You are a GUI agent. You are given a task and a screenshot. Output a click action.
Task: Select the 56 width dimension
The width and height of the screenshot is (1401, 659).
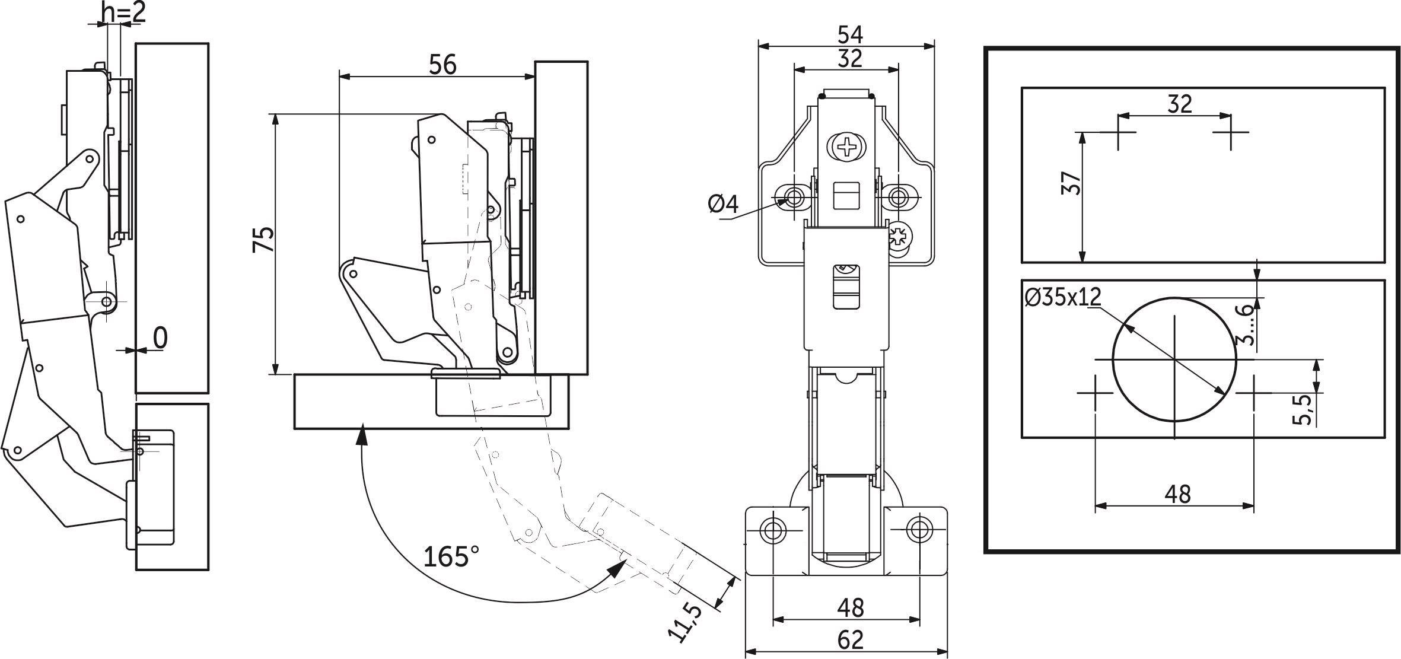(442, 64)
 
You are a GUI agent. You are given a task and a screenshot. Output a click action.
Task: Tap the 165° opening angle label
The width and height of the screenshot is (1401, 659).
(451, 557)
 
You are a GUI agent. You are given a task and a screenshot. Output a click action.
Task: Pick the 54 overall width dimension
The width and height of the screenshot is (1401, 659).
(849, 34)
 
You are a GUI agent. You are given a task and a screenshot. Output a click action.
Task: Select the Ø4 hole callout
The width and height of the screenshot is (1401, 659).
(724, 205)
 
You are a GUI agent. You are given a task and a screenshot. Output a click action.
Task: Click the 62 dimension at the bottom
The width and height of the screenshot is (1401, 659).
(850, 640)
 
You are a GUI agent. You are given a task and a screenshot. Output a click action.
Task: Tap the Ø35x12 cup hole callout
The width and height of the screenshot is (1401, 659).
(1062, 297)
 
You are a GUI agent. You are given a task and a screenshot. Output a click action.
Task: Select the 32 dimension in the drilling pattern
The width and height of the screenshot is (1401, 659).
(1179, 104)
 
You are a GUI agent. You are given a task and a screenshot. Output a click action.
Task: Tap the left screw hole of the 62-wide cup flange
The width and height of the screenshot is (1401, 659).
(773, 529)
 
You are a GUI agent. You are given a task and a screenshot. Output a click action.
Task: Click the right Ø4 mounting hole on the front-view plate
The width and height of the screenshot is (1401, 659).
(898, 196)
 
